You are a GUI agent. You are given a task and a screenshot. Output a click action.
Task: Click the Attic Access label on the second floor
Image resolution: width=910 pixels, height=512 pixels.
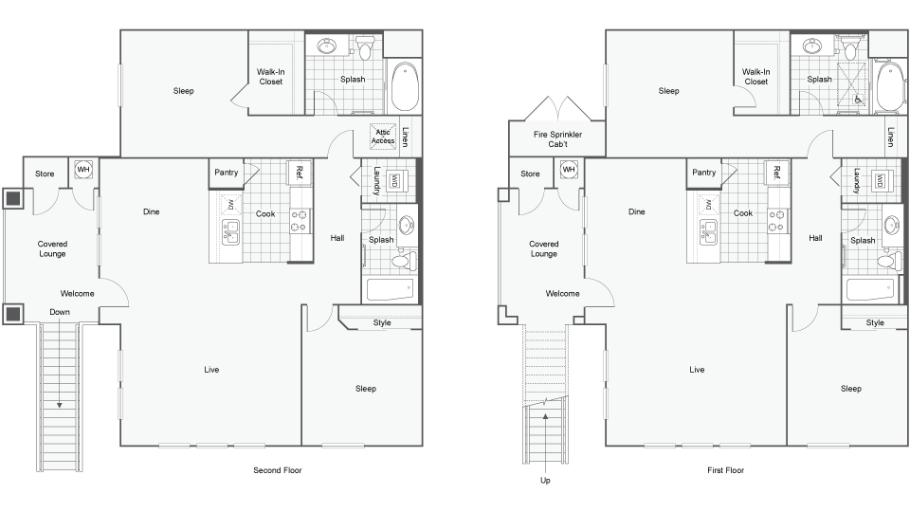383,137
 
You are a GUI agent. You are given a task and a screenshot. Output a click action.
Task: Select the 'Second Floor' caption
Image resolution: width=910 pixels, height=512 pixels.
277,470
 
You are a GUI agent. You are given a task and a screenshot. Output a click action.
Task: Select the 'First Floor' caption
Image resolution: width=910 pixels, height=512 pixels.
727,470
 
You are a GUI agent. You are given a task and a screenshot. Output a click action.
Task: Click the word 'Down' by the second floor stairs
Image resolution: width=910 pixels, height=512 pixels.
60,311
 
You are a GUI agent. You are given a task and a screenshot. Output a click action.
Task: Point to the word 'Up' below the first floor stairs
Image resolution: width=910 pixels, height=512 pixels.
545,481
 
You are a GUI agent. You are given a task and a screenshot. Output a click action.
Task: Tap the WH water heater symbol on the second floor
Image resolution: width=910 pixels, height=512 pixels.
83,170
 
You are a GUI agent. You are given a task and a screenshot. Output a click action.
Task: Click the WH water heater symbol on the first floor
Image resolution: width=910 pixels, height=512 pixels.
569,170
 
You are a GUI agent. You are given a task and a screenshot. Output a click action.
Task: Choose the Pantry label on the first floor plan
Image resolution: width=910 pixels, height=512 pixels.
703,173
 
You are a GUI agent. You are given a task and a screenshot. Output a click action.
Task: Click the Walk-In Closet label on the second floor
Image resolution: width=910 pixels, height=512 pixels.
271,76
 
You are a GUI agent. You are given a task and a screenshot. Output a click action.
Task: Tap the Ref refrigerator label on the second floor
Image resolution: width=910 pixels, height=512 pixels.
299,173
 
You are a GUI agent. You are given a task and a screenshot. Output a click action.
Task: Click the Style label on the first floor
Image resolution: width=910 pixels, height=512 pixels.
875,322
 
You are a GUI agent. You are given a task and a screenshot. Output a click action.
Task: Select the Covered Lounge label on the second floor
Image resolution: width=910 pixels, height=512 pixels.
53,248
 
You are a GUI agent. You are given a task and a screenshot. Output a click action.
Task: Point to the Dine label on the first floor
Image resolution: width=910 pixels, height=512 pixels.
636,211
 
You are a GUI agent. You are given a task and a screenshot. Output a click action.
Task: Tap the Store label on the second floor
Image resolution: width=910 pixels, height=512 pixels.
45,174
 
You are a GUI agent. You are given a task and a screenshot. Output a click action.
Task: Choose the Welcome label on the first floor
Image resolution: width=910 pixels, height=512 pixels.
562,293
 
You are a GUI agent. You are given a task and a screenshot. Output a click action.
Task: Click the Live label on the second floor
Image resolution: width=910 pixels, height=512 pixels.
211,369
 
